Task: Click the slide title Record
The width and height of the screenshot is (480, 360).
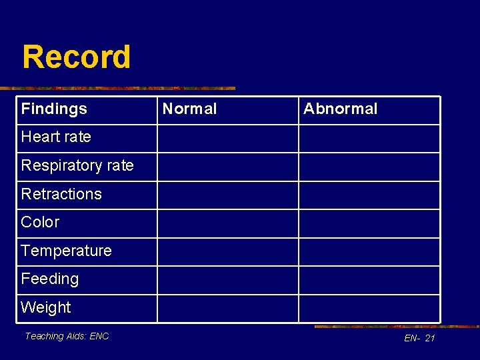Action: click(76, 57)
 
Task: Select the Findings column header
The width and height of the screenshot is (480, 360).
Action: click(54, 109)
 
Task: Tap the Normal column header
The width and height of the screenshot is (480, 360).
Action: click(190, 109)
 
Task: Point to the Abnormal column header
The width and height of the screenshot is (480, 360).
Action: click(340, 109)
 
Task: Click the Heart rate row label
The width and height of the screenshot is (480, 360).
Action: click(56, 137)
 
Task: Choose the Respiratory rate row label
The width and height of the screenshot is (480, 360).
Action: click(77, 165)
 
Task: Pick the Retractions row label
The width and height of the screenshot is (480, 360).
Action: click(61, 194)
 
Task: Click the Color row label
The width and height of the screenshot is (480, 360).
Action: click(40, 222)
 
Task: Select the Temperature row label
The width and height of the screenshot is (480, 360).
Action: click(66, 251)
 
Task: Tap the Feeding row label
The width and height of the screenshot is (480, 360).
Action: click(50, 279)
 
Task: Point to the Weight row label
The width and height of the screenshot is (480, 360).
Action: click(46, 307)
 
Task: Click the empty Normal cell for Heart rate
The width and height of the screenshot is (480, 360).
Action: click(227, 139)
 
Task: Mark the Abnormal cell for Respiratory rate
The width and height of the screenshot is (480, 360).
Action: click(369, 167)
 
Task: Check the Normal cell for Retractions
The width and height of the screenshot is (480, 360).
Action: click(227, 195)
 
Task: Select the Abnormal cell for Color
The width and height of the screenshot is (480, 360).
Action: click(369, 223)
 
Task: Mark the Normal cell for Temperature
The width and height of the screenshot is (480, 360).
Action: click(227, 252)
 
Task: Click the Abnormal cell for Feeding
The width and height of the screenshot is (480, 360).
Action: click(369, 280)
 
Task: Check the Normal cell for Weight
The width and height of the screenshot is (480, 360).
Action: click(227, 309)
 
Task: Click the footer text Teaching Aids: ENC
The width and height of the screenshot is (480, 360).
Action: click(67, 336)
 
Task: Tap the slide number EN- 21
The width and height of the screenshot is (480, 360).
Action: click(419, 339)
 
